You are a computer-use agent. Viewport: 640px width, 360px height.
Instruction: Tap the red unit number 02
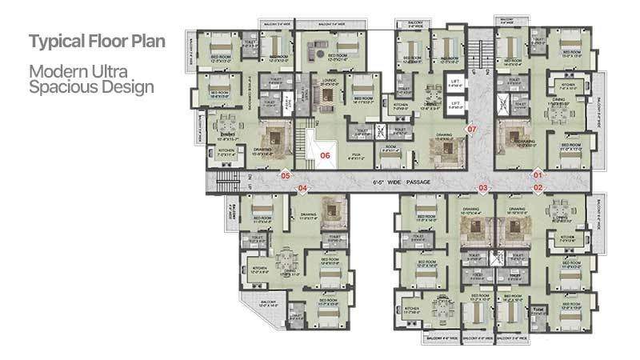pyautogui.click(x=538, y=188)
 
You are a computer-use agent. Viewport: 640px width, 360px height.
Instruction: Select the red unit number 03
pyautogui.click(x=483, y=188)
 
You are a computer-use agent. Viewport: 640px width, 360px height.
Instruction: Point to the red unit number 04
pyautogui.click(x=302, y=189)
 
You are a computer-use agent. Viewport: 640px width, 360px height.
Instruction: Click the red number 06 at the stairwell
pyautogui.click(x=326, y=155)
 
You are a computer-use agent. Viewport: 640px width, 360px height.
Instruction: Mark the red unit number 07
pyautogui.click(x=472, y=129)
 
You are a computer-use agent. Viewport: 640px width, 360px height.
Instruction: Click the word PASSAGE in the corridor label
pyautogui.click(x=419, y=182)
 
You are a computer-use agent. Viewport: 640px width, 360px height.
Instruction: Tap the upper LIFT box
pyautogui.click(x=456, y=83)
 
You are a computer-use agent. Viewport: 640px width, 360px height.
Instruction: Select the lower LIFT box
pyautogui.click(x=456, y=104)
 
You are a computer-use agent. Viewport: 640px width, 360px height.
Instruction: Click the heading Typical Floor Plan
pyautogui.click(x=97, y=41)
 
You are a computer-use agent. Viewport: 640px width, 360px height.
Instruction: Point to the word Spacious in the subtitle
pyautogui.click(x=56, y=86)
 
